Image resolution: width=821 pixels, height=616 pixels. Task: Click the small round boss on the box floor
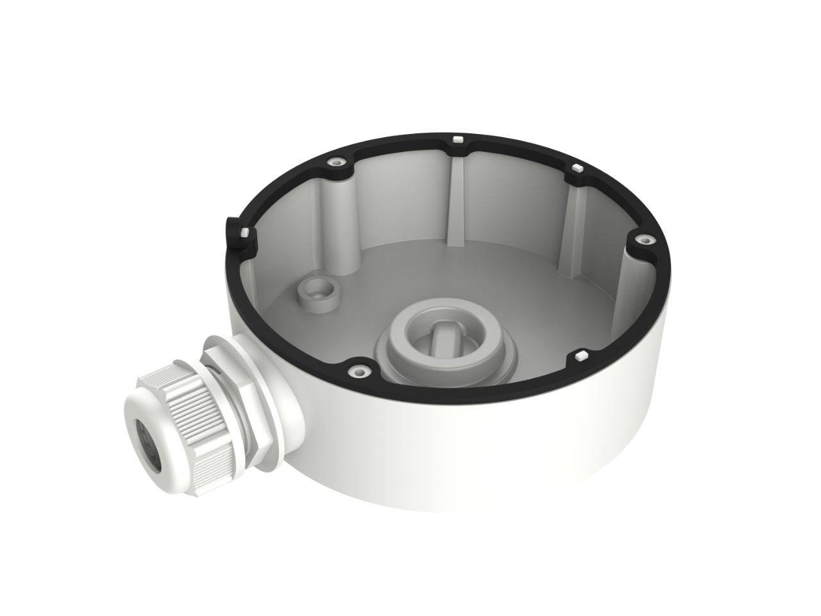click(315, 292)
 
